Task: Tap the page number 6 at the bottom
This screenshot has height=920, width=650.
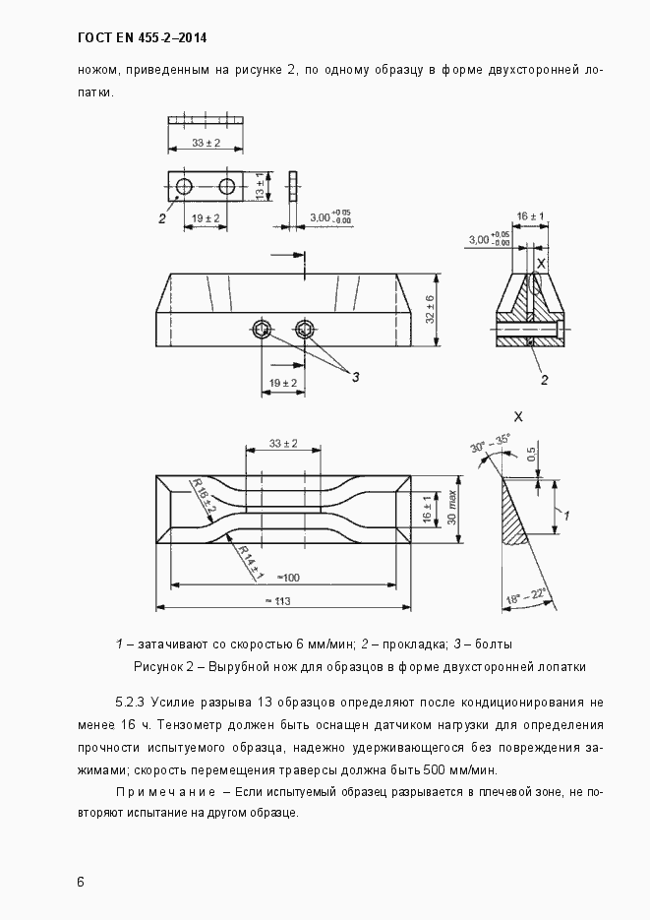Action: pyautogui.click(x=81, y=881)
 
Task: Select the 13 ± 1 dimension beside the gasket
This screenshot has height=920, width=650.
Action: pyautogui.click(x=260, y=185)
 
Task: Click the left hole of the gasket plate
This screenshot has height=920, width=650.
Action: pyautogui.click(x=183, y=186)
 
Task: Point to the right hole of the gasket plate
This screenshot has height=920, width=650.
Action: pyautogui.click(x=227, y=186)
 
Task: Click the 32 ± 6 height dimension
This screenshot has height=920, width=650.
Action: pyautogui.click(x=430, y=309)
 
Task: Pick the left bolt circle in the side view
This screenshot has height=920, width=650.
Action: pyautogui.click(x=262, y=329)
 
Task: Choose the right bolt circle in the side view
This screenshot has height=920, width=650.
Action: pyautogui.click(x=306, y=329)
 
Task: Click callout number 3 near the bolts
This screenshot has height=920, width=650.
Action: pyautogui.click(x=355, y=377)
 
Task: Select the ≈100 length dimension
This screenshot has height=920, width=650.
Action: pyautogui.click(x=288, y=577)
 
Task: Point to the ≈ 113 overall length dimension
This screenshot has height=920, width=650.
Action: pyautogui.click(x=284, y=600)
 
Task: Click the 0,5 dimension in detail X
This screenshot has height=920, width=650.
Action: pyautogui.click(x=531, y=455)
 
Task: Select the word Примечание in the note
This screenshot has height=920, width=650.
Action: pyautogui.click(x=165, y=792)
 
